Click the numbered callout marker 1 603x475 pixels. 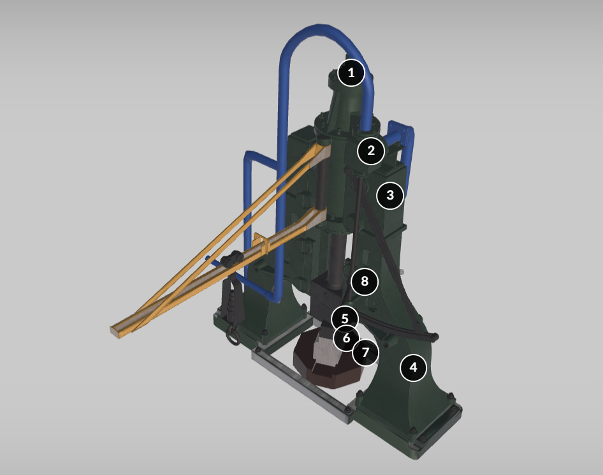pos(351,73)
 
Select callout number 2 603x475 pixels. pos(371,150)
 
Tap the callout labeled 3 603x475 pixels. pos(390,195)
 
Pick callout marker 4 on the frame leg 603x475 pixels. pos(413,368)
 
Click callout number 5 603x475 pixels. pos(345,319)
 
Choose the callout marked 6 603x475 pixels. pos(346,338)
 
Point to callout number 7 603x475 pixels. pos(365,353)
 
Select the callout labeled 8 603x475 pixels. pos(364,282)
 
